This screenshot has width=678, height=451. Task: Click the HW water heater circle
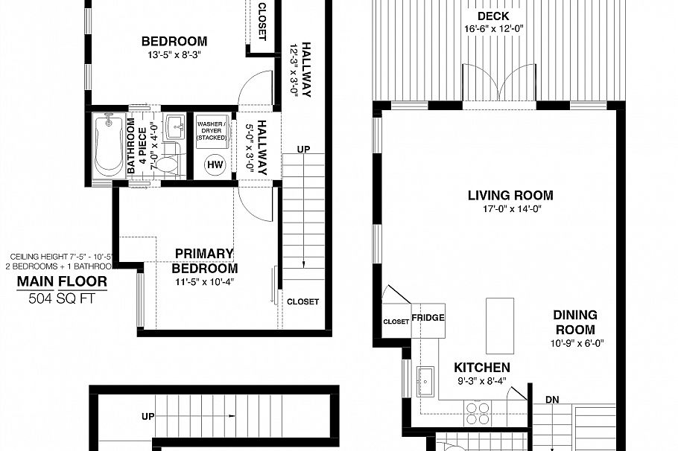click(x=215, y=164)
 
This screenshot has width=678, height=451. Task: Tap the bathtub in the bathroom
click(x=109, y=147)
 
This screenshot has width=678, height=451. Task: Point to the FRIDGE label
click(x=428, y=318)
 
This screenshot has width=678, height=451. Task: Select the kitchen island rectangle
click(x=499, y=324)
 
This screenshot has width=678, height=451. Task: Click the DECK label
click(x=492, y=16)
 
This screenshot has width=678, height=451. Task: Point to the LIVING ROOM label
click(x=510, y=196)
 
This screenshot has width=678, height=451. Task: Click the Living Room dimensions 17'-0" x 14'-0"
click(x=510, y=210)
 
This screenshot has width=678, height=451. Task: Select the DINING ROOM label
click(x=574, y=322)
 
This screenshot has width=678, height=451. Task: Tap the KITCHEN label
click(x=482, y=368)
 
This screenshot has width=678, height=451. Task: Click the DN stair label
click(x=552, y=400)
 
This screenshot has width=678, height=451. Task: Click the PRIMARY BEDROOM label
click(x=204, y=261)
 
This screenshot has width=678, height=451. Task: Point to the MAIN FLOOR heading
click(x=62, y=281)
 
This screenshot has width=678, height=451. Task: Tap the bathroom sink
click(x=176, y=126)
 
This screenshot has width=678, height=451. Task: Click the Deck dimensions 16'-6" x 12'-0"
click(x=492, y=30)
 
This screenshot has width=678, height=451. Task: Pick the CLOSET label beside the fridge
click(x=396, y=322)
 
